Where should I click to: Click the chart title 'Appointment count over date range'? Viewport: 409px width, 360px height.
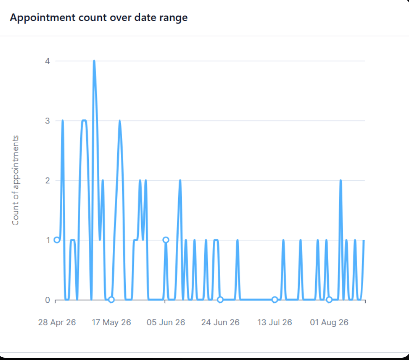point(99,18)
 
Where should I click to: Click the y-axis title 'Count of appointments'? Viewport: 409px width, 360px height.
point(15,180)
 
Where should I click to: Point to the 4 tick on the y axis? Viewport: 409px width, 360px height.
point(47,61)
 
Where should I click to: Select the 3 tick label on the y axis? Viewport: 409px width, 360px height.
point(47,121)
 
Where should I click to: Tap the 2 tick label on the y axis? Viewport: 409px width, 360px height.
point(47,180)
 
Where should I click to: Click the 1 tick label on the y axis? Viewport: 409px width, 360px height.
point(48,240)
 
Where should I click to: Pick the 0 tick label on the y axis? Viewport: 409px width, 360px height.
point(47,300)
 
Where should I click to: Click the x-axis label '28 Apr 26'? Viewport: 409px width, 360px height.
point(57,323)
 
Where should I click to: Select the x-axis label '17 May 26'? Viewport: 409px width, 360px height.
point(111,323)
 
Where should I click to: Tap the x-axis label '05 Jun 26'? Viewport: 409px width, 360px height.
point(165,323)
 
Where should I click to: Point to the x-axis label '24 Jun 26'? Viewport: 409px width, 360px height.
point(220,323)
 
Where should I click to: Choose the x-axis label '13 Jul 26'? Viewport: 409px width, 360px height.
point(275,323)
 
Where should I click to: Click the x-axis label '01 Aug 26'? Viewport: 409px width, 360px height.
point(329,323)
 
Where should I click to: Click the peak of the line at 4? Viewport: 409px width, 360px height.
point(94,61)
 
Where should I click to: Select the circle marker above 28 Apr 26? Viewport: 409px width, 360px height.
point(57,240)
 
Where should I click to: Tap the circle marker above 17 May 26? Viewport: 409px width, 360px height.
point(111,300)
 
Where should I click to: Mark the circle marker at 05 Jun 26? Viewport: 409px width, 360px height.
point(165,240)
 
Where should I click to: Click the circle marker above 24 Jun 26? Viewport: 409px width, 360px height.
point(220,300)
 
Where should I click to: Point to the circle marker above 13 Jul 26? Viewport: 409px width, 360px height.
point(275,300)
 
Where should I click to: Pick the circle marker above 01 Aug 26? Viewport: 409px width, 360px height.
point(329,300)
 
